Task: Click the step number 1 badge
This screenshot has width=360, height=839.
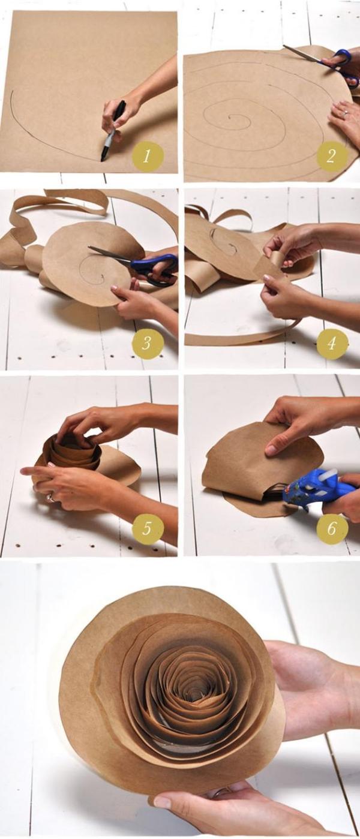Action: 148,157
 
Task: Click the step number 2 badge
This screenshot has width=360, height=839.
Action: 332,158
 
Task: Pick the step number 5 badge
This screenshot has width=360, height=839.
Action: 148,528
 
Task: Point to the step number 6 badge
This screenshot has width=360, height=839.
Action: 332,528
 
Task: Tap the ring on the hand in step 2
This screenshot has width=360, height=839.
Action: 344,112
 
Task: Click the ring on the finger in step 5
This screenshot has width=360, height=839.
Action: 50,497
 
